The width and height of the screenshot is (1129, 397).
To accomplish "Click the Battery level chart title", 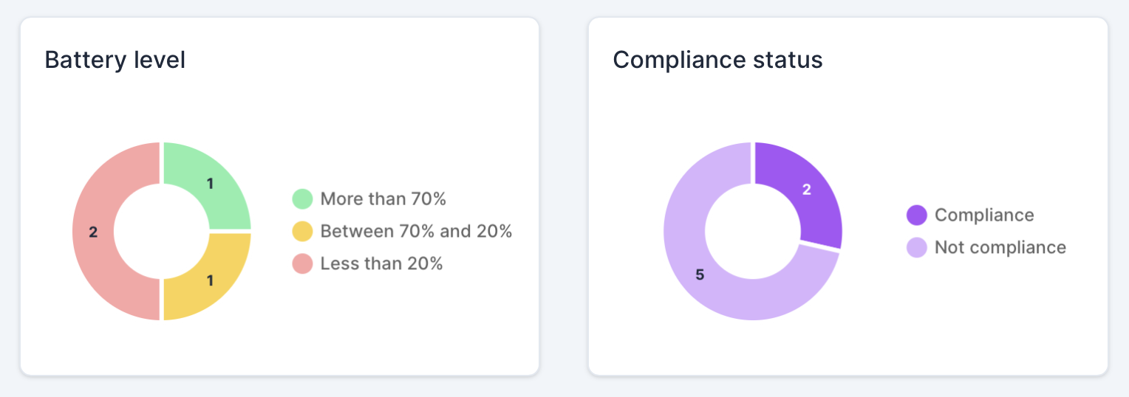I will click(x=115, y=60).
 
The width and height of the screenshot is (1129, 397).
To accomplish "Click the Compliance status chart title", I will click(x=717, y=60).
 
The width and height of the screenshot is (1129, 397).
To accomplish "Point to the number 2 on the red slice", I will click(x=93, y=232).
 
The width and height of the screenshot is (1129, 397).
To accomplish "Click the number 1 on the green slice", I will click(x=210, y=184).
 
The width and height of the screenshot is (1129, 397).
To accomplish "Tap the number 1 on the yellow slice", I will click(x=210, y=280).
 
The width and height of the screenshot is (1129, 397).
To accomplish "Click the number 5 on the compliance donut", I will click(x=700, y=275).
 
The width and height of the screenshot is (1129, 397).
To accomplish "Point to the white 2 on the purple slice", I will click(x=807, y=190).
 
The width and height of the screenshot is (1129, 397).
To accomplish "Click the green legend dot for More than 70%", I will click(x=303, y=198).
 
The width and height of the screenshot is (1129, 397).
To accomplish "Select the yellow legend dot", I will click(x=303, y=231).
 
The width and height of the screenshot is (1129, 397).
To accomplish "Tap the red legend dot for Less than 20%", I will click(x=303, y=263).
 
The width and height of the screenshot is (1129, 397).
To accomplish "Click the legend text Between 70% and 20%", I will click(x=416, y=231).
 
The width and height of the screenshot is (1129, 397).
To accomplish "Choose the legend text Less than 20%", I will click(x=381, y=263).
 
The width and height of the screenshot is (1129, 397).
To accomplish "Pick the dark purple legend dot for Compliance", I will click(x=916, y=215).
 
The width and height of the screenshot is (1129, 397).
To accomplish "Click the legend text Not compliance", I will click(x=1000, y=247).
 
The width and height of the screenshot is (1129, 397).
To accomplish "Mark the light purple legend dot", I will click(x=916, y=247).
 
